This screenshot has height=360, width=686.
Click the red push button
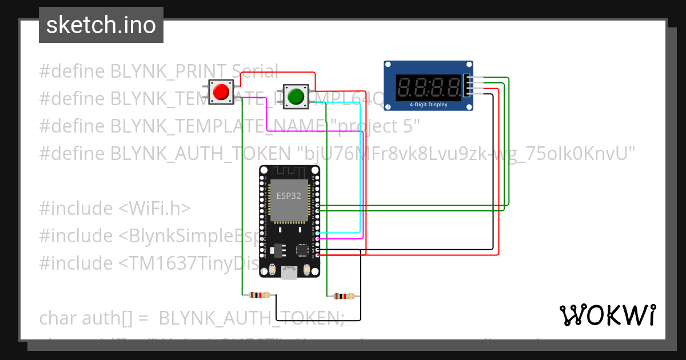pos(221,92)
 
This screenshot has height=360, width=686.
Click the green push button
pos(296,95)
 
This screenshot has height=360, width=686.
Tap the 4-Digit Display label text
pos(429,105)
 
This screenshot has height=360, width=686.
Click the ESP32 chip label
pos(289,195)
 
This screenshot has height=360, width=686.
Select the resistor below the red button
pos(260,295)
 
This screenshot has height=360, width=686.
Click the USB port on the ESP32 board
pos(290,274)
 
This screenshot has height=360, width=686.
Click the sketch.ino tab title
pos(101,25)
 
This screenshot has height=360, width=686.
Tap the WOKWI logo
pos(607,315)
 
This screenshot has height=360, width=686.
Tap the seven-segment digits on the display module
pos(429,87)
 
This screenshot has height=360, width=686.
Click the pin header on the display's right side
pos(468,86)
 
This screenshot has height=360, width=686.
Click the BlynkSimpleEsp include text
pos(189,236)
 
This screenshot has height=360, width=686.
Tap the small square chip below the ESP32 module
pos(302,250)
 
